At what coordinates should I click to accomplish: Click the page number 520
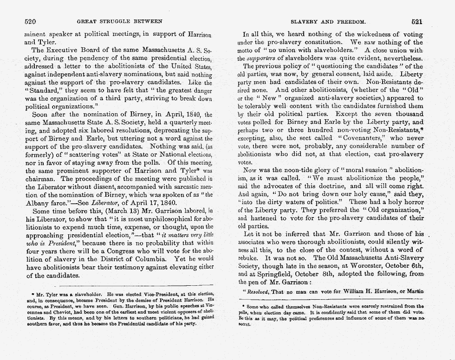[x=30, y=21]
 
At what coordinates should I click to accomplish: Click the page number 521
[x=416, y=21]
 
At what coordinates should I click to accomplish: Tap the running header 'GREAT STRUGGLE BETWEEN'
[x=119, y=21]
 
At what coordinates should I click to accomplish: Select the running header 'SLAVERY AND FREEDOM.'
[x=328, y=21]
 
